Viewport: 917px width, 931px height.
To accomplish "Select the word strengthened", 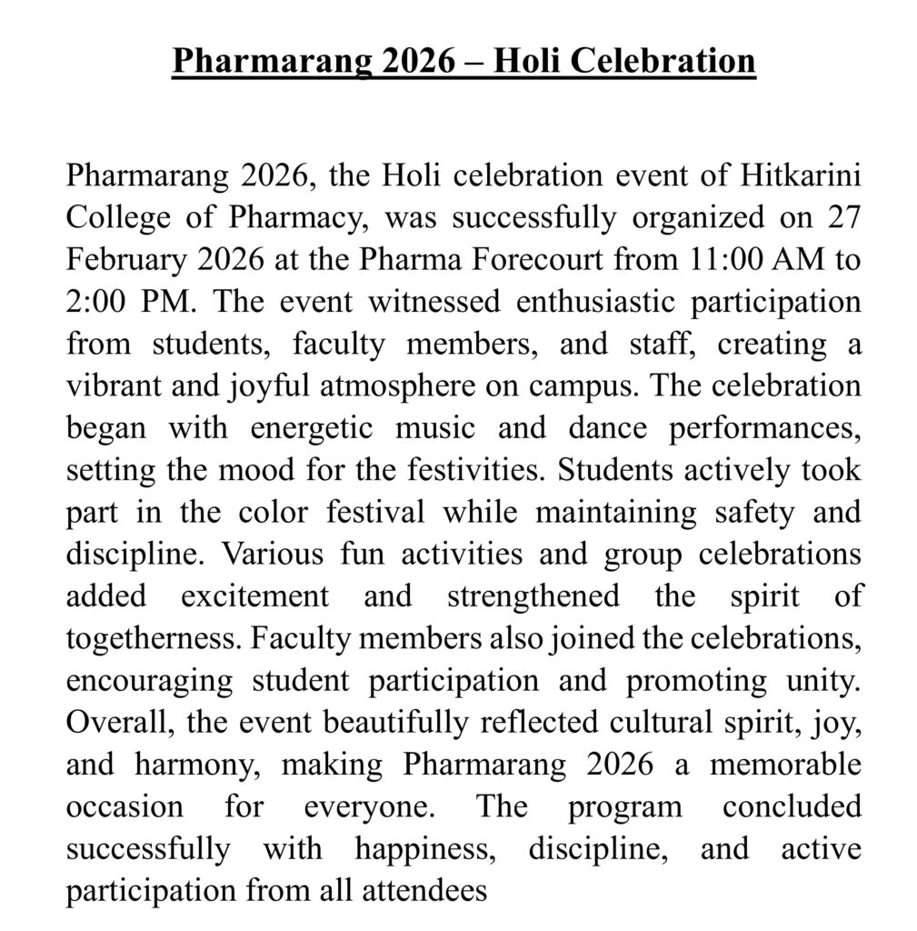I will tap(533, 596).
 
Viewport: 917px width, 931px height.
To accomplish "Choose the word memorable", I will tap(785, 766).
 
